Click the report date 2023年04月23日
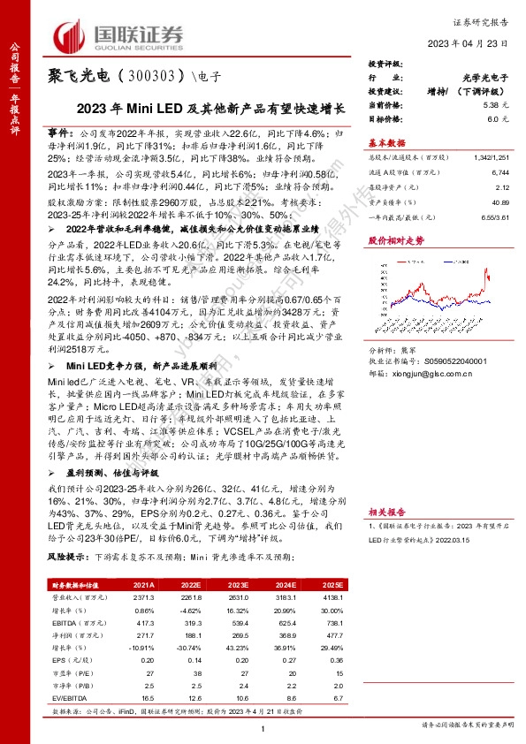point(470,44)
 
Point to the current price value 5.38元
point(491,104)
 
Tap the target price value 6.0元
point(493,118)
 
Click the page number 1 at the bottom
point(263,726)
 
